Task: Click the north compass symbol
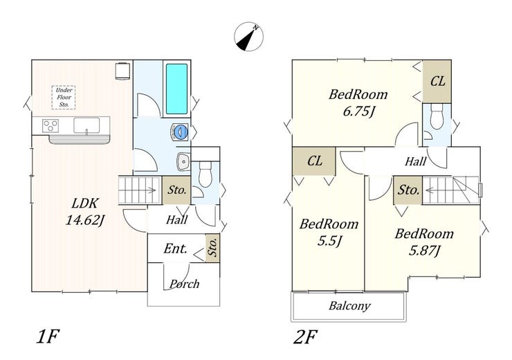coord(249,37)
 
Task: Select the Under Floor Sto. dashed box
coord(64,97)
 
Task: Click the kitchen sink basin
coord(86,126)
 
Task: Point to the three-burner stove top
coord(51,126)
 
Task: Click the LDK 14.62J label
coord(85,212)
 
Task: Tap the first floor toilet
coord(205,174)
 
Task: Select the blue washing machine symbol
coord(180,132)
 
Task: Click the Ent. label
coord(176,249)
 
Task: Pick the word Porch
coord(184,284)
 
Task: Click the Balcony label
coord(349,306)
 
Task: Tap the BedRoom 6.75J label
coord(358,102)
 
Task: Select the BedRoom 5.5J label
coord(329,232)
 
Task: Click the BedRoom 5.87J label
coord(424,242)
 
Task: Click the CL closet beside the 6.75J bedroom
coord(437,81)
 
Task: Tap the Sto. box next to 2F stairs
coord(408,190)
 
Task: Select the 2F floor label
coord(305,337)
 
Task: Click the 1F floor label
coord(48,336)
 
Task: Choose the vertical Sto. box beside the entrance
coord(212,248)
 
